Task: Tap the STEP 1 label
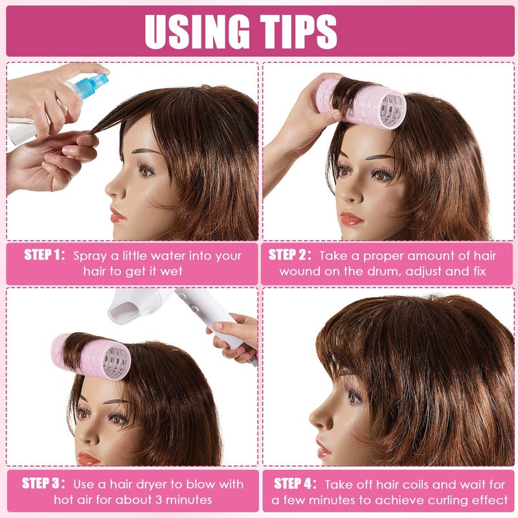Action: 45,255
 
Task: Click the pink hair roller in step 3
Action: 91,356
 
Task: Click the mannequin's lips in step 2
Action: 352,218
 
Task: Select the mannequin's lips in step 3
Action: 88,458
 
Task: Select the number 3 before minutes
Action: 159,500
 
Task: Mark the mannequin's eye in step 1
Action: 146,170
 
